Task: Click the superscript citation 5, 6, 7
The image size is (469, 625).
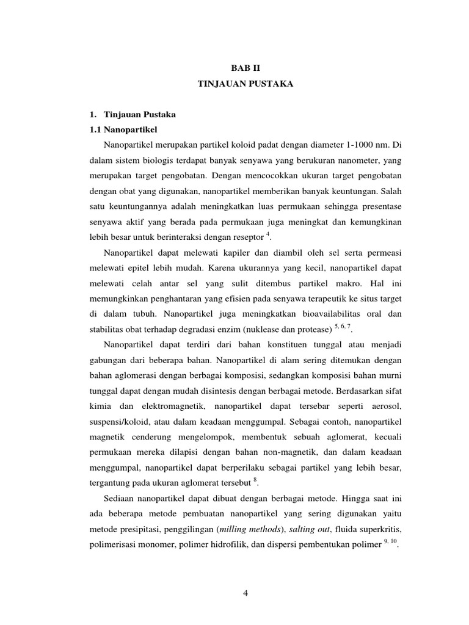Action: tap(341, 325)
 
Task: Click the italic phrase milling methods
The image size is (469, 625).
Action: tap(250, 526)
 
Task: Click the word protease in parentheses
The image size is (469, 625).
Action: tap(310, 330)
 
